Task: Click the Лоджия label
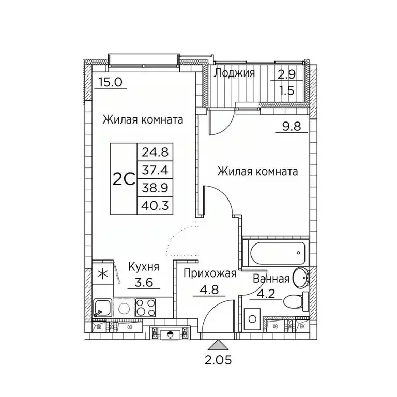[234, 73]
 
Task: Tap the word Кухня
[143, 267]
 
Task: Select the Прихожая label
[209, 274]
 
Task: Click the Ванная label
[271, 279]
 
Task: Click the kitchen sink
[101, 309]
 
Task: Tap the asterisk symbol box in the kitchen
[101, 274]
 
